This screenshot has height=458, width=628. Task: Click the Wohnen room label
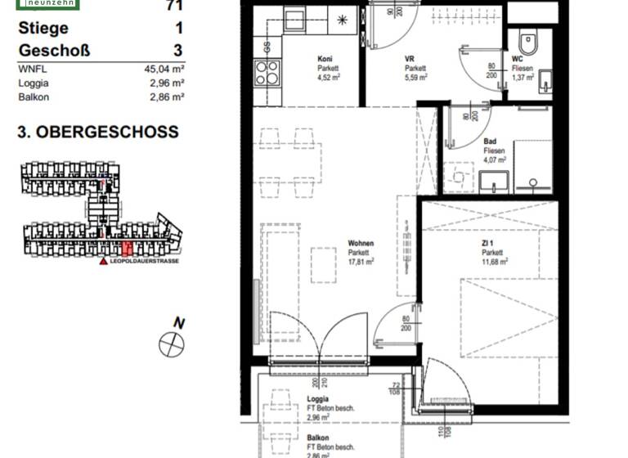361,244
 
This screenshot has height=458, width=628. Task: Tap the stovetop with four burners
267,74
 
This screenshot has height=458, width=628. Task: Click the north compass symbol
172,343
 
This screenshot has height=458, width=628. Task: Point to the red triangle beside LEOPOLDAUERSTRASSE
103,262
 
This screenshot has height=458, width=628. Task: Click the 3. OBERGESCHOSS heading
97,132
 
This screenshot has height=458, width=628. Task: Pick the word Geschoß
53,50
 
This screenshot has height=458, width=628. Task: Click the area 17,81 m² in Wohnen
361,263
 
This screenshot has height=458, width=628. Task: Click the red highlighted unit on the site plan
126,248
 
